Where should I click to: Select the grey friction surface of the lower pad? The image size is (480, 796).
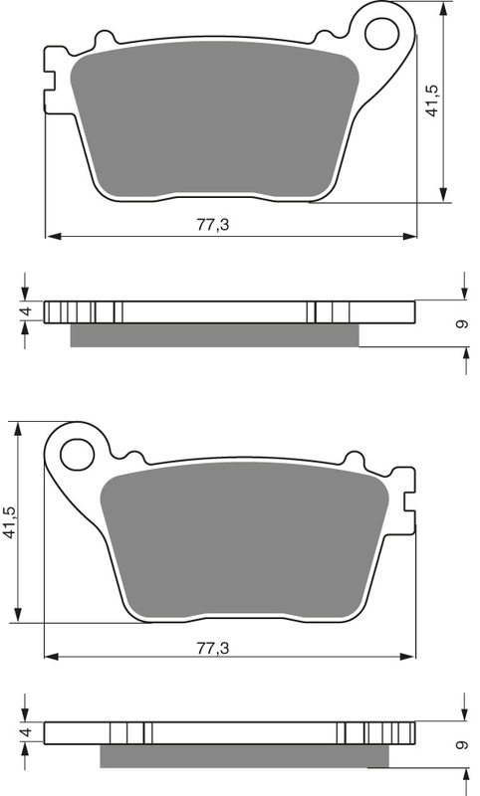point(244,539)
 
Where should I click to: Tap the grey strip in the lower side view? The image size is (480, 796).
point(244,757)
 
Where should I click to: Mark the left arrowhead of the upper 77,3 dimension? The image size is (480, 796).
point(53,237)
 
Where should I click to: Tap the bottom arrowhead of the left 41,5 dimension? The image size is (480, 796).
point(18,616)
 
